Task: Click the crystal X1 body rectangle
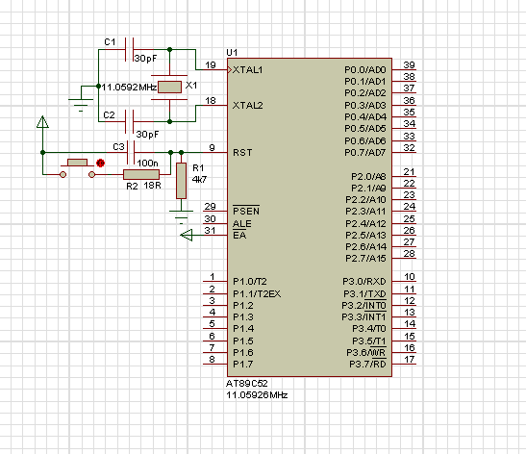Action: tap(169, 87)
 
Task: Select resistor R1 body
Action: tap(181, 181)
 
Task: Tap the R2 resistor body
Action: tap(141, 174)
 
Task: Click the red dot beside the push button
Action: tap(100, 164)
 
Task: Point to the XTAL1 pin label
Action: tap(247, 70)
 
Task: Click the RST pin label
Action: tap(242, 153)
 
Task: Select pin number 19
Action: tap(211, 65)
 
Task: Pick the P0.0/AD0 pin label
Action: tap(365, 70)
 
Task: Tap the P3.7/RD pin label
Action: tap(367, 365)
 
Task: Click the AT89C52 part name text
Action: tap(246, 384)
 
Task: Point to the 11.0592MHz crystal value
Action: tap(129, 88)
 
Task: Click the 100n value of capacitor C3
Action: tap(147, 164)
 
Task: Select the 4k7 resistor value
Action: tap(199, 179)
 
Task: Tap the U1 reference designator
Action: tap(232, 52)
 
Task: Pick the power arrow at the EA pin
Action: tap(187, 235)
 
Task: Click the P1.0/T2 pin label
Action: tap(250, 281)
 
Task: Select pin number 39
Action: tap(409, 65)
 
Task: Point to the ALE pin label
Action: tap(242, 224)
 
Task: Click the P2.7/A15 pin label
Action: tap(365, 259)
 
